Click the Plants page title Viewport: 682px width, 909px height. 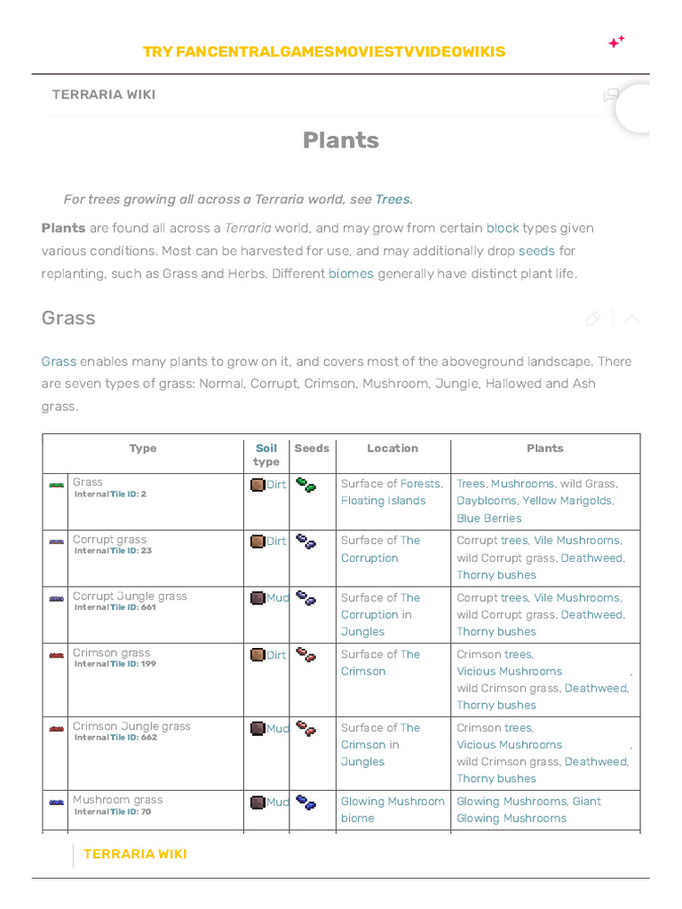[x=340, y=140]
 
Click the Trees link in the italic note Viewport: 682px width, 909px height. [x=393, y=199]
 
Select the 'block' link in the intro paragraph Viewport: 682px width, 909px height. [x=502, y=228]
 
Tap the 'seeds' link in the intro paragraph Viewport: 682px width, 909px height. [x=536, y=251]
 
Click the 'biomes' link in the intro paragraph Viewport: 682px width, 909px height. [x=351, y=273]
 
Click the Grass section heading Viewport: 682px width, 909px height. [x=68, y=318]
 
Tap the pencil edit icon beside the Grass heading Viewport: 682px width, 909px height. [x=592, y=319]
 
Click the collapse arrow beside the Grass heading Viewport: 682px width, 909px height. [x=631, y=319]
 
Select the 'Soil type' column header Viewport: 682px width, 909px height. [x=266, y=454]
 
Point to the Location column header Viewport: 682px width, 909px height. [x=393, y=448]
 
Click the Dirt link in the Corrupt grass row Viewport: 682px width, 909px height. [x=276, y=541]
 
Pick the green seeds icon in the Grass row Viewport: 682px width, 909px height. [x=305, y=485]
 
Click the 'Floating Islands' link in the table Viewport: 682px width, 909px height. [x=383, y=501]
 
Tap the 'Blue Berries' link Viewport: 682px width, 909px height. [x=488, y=518]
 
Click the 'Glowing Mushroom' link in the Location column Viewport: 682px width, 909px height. [x=393, y=802]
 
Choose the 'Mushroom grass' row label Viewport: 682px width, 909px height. [x=117, y=800]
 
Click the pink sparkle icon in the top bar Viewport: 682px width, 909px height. [x=615, y=42]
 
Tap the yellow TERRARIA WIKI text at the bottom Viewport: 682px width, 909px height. [x=135, y=854]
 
